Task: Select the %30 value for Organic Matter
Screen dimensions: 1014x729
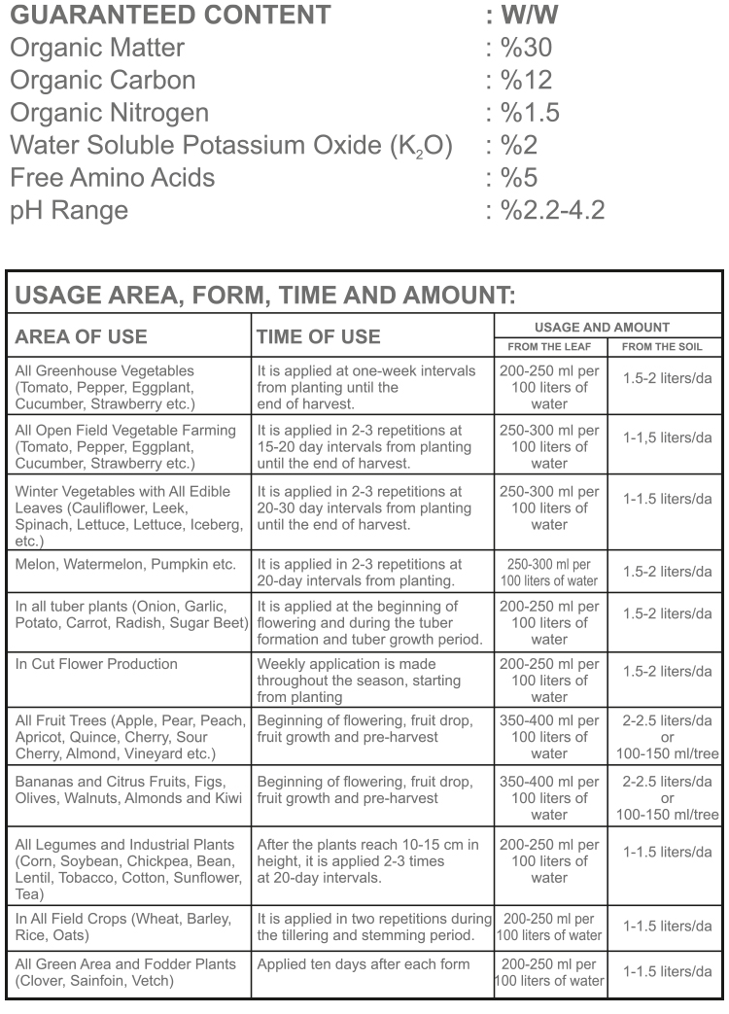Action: [525, 48]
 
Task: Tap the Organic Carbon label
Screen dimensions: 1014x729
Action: [102, 81]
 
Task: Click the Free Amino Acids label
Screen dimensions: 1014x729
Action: [112, 178]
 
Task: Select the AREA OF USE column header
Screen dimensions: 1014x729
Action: [82, 336]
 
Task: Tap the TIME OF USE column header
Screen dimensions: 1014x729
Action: [318, 336]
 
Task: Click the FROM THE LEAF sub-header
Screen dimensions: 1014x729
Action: [550, 346]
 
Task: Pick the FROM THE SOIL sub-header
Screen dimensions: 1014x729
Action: [662, 346]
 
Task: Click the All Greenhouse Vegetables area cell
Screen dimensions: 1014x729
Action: [105, 387]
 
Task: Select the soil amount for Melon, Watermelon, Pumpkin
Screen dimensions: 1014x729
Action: [667, 573]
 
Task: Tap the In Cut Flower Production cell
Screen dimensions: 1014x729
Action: [96, 664]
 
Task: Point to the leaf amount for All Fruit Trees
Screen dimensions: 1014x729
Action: [550, 737]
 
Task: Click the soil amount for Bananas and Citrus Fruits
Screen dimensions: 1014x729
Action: [667, 797]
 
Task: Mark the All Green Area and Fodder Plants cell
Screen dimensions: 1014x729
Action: [125, 972]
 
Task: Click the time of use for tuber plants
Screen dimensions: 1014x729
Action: [370, 622]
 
